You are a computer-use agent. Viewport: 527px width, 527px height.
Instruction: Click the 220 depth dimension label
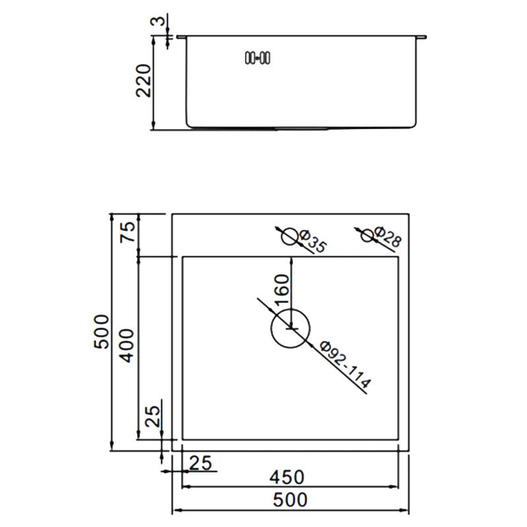(143, 80)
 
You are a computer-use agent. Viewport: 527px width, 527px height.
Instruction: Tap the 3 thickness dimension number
(158, 21)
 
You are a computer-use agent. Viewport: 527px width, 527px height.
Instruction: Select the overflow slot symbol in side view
(258, 58)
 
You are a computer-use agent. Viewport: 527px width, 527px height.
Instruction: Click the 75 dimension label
(128, 232)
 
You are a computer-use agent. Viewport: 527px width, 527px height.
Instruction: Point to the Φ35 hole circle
(290, 237)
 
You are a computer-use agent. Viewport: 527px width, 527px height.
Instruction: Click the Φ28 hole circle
(368, 235)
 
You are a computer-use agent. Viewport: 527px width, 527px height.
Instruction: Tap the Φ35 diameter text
(312, 241)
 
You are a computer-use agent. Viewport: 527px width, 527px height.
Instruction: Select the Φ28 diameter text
(387, 236)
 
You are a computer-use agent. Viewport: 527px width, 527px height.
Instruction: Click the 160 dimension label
(282, 289)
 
